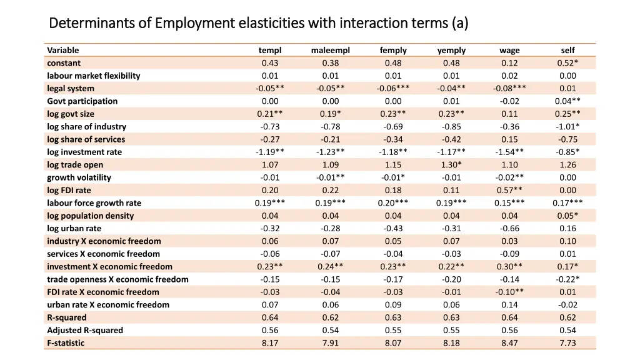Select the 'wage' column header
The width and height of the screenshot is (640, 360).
tap(509, 50)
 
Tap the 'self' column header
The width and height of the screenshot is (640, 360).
tap(567, 50)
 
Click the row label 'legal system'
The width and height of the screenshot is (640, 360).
tap(71, 88)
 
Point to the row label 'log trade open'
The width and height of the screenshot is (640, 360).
tap(75, 165)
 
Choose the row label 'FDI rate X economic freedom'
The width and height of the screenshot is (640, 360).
tap(103, 292)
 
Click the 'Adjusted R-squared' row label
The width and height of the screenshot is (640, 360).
tap(85, 330)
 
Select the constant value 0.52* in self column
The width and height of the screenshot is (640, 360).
tap(567, 62)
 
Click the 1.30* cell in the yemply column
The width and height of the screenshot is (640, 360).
tap(451, 165)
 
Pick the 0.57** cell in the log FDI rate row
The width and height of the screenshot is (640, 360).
tap(509, 190)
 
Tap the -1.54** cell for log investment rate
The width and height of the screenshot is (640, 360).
tap(509, 152)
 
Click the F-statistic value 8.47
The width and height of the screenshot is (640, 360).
tap(509, 342)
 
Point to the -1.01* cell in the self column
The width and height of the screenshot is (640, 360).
tap(567, 126)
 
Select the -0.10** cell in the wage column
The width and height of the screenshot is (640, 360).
tap(509, 292)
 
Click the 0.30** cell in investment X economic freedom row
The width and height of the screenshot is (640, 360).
tap(509, 266)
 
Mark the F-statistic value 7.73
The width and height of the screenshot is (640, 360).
tap(567, 342)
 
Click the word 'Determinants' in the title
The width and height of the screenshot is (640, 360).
tap(92, 24)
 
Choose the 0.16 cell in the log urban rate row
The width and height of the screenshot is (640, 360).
tap(567, 228)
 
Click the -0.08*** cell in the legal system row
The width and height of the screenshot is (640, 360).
tap(509, 88)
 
